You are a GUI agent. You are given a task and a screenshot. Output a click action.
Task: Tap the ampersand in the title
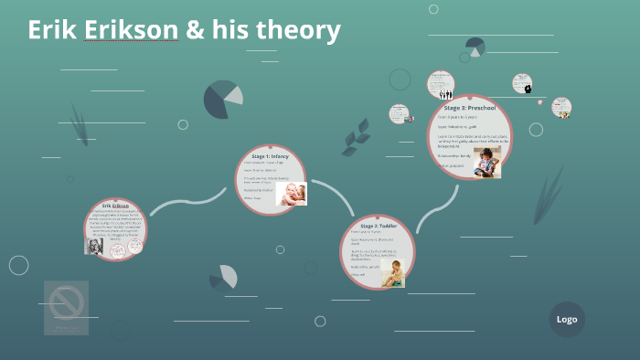coord(195,31)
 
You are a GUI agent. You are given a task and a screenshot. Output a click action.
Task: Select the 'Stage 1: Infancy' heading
coord(271,157)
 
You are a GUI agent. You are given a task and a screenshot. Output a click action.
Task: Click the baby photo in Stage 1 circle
coord(291,193)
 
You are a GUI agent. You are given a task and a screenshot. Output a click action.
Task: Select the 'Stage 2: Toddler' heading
coord(378,225)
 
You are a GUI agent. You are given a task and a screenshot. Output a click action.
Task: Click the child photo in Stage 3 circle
coord(486,162)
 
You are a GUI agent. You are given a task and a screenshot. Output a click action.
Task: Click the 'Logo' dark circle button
coord(567,319)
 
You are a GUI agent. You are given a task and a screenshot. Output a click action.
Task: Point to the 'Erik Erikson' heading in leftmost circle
coord(115,206)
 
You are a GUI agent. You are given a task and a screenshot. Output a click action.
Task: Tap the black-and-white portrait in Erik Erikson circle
coord(93,246)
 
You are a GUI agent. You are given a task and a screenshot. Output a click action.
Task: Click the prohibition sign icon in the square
coord(67,301)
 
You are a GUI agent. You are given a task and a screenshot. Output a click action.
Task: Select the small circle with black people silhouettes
coord(441,85)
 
